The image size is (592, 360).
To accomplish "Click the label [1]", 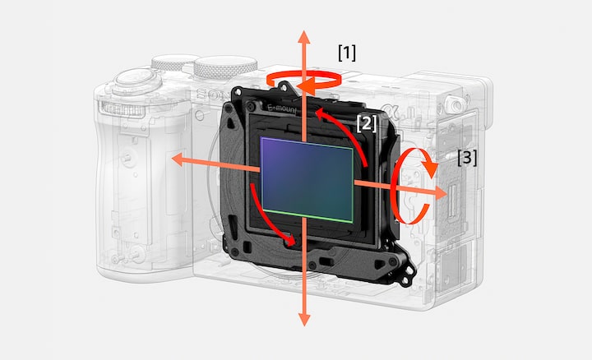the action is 347,53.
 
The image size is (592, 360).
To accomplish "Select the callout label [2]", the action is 366,123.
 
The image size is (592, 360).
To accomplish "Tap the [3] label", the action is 467,157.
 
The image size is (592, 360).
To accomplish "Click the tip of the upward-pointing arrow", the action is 304,32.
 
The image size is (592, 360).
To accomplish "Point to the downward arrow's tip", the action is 304,325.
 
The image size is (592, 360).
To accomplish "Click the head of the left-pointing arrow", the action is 173,159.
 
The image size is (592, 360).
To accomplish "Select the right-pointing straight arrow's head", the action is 446,192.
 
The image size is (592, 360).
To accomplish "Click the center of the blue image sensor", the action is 307,180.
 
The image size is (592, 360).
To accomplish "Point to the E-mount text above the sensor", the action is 282,109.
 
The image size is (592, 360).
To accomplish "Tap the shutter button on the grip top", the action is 136,78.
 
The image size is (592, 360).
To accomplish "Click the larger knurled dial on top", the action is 226,67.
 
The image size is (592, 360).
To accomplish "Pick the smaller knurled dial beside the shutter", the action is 173,62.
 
